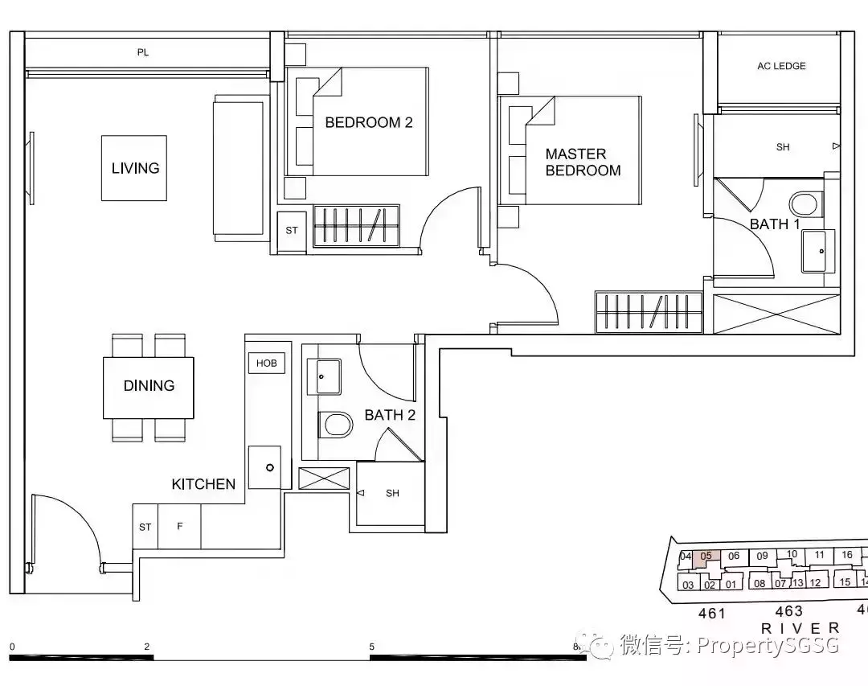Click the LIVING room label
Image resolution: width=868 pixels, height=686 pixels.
[135, 168]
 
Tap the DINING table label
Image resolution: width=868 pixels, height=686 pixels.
[149, 386]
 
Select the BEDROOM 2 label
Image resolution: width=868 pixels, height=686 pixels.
[368, 123]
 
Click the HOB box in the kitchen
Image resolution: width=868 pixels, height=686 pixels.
[266, 364]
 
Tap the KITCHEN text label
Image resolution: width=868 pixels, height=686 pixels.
[203, 484]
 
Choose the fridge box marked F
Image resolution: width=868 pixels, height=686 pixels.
[180, 527]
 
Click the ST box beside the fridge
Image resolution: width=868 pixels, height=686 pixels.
[145, 527]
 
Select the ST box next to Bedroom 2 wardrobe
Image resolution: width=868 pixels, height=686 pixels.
[292, 231]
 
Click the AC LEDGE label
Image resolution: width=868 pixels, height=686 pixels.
[780, 66]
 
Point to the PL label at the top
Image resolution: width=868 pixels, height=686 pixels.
[143, 53]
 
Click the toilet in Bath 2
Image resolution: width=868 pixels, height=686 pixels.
[335, 425]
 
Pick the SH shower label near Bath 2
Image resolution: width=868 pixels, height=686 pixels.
[392, 493]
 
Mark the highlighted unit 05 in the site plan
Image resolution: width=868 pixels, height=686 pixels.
[706, 557]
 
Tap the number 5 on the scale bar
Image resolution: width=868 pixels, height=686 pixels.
[371, 647]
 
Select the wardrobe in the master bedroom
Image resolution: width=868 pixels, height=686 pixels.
[649, 311]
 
